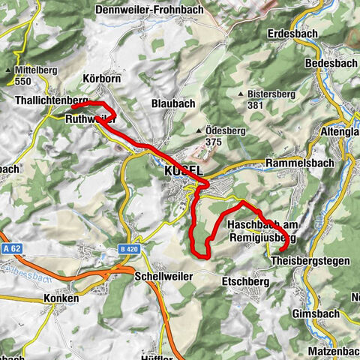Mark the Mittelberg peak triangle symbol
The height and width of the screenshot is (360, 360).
[8, 70]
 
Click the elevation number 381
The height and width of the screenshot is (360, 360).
[257, 106]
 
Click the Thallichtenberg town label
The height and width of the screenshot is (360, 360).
[51, 100]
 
